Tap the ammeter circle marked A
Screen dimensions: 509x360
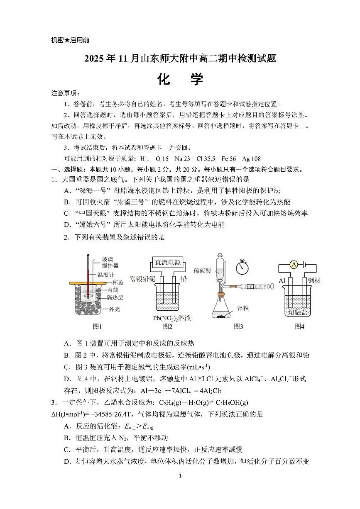293,264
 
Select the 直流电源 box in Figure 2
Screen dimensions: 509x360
168,262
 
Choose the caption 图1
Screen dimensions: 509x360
97,326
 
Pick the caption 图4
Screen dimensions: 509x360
299,326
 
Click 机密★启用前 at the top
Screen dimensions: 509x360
70,40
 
